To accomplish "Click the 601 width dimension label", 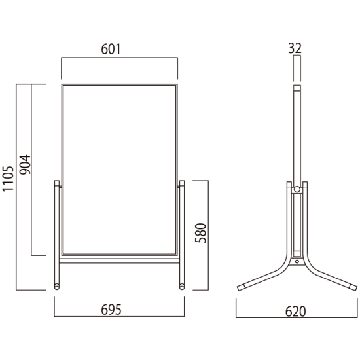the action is point(111,49).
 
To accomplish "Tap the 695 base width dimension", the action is point(111,310).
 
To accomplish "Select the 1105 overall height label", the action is point(8,179).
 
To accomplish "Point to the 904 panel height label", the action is point(25,165).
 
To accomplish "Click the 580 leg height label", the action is point(201,233).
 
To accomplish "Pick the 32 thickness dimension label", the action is point(295,48).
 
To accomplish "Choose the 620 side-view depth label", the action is point(295,312).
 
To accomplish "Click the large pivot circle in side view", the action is point(297,189).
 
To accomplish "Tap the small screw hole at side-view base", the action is point(297,262).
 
